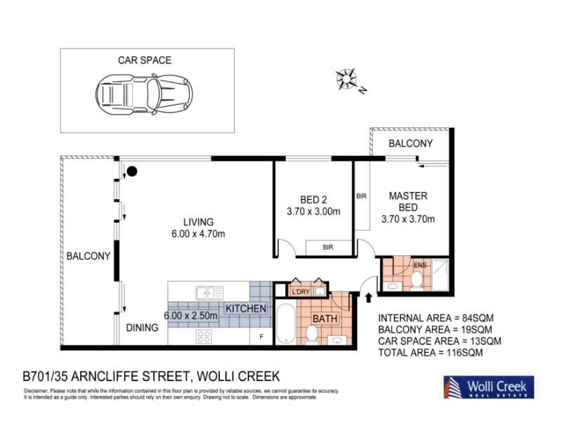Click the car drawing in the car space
click(144, 94)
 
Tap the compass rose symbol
click(346, 79)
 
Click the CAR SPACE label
click(145, 60)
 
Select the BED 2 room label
click(313, 200)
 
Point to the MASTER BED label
click(408, 202)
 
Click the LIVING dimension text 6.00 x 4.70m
click(198, 234)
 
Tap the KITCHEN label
click(246, 308)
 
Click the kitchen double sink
click(209, 293)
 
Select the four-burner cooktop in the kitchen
click(204, 337)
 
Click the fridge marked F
click(261, 337)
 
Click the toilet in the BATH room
click(311, 335)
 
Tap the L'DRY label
click(301, 292)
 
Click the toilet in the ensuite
click(417, 281)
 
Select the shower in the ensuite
click(440, 274)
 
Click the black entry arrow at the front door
click(368, 298)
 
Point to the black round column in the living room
click(132, 172)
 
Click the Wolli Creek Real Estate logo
click(488, 388)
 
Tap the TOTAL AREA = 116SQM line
click(431, 353)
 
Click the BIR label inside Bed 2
click(328, 248)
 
